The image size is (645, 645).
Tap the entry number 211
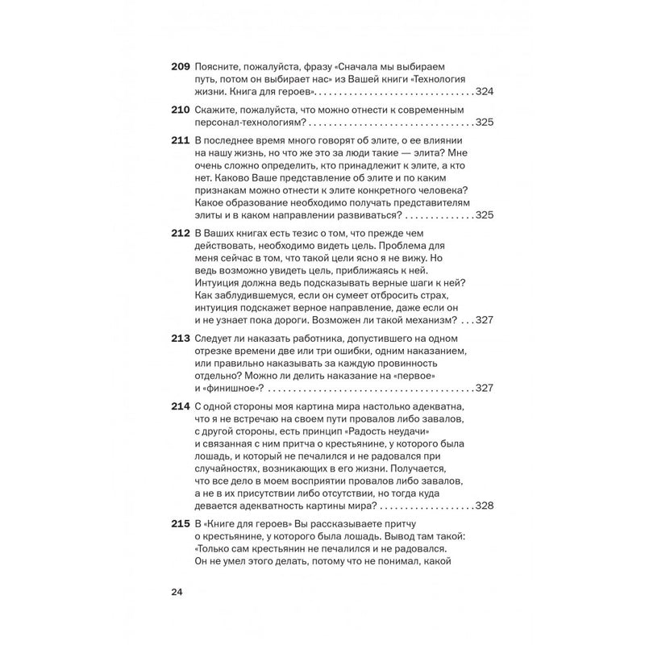[x=181, y=139]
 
